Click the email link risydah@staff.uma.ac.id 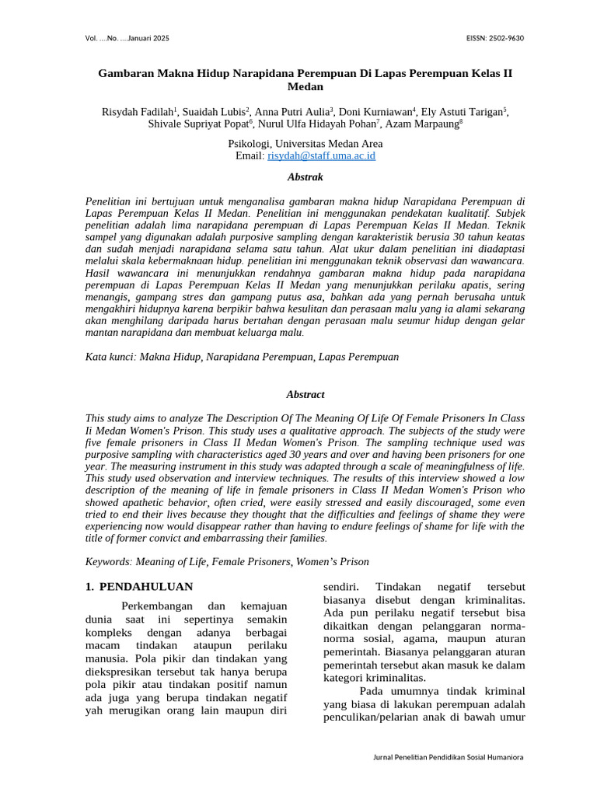click(321, 156)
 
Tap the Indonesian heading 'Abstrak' click(305, 177)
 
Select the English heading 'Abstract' click(305, 395)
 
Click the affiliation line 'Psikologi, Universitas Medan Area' click(305, 144)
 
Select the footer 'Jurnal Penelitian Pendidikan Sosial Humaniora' click(449, 757)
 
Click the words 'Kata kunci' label click(110, 357)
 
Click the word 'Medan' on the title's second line click(305, 86)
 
